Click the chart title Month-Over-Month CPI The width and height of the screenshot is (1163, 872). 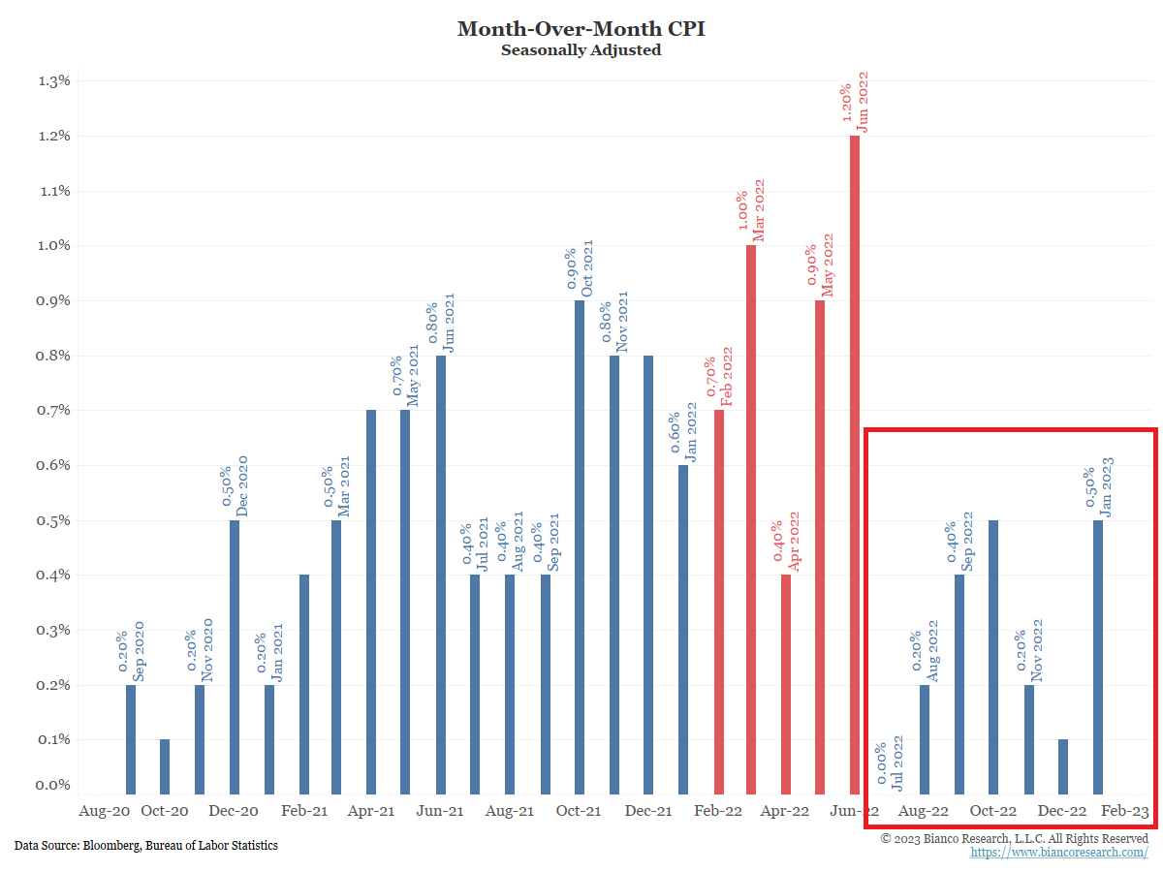pos(581,28)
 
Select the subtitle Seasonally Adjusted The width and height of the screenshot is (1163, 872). pos(581,49)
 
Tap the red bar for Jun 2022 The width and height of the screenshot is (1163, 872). pos(855,465)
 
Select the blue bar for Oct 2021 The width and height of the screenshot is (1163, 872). pos(580,547)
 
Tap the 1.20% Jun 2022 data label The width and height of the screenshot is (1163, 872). pos(854,101)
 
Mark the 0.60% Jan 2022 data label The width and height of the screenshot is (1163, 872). pos(683,428)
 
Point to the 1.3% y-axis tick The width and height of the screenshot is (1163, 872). pos(54,80)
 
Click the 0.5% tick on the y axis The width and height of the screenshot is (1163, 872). pos(54,520)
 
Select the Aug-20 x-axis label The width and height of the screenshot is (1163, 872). pos(104,811)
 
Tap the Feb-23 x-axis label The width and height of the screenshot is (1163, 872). pos(1125,811)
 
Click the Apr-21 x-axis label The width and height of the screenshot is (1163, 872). pos(372,811)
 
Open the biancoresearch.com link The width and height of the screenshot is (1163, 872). pos(1059,853)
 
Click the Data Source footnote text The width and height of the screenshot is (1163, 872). pos(146,846)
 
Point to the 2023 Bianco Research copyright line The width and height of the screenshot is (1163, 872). pos(1015,838)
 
